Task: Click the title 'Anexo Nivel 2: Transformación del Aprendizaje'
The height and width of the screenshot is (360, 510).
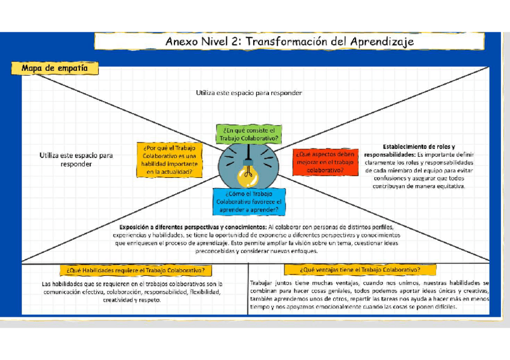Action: tap(289, 41)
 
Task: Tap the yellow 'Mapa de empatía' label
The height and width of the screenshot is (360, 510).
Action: tap(59, 69)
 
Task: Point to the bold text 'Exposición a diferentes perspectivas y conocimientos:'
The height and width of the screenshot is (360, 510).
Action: tap(193, 227)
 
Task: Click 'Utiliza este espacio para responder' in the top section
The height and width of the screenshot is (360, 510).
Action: tap(248, 93)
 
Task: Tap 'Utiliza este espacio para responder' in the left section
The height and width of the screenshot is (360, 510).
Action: tap(76, 159)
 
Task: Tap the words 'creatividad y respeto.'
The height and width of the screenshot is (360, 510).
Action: tap(132, 299)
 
